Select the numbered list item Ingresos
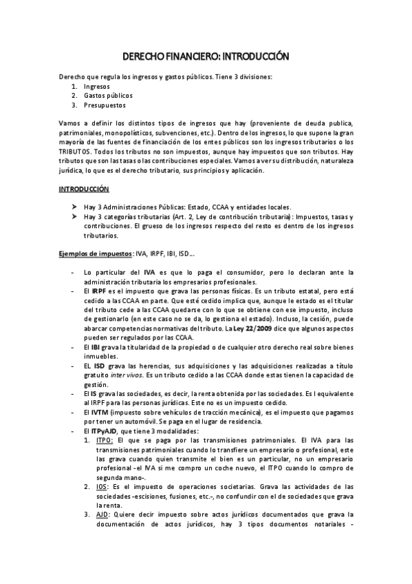point(96,87)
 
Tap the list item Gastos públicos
point(107,96)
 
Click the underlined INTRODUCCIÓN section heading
point(83,188)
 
